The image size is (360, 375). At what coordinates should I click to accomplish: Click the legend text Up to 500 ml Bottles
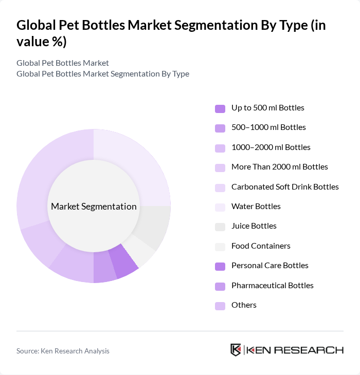(x=267, y=108)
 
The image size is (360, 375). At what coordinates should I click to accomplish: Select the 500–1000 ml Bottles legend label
(x=268, y=127)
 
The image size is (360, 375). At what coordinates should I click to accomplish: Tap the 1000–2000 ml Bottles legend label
(x=271, y=147)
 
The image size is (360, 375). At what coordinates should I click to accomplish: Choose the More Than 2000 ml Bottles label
(x=279, y=167)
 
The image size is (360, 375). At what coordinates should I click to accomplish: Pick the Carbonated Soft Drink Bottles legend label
(x=285, y=186)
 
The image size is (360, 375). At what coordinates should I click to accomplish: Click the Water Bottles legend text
(x=256, y=207)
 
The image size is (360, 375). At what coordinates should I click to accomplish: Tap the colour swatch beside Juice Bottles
(x=220, y=227)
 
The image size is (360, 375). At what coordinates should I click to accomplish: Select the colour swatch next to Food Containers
(x=220, y=247)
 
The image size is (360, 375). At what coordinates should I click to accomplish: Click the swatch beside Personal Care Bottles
(x=220, y=266)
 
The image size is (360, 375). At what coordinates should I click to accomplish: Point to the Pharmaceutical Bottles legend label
(x=272, y=286)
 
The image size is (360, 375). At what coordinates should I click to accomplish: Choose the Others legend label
(x=244, y=305)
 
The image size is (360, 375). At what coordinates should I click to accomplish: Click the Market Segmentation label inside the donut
(x=94, y=207)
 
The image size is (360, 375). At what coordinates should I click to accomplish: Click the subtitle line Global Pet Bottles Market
(x=63, y=63)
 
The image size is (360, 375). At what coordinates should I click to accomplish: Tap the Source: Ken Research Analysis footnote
(x=63, y=351)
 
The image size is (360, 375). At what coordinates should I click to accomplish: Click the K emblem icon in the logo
(x=236, y=350)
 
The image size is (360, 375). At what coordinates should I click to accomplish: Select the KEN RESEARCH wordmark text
(x=295, y=350)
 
